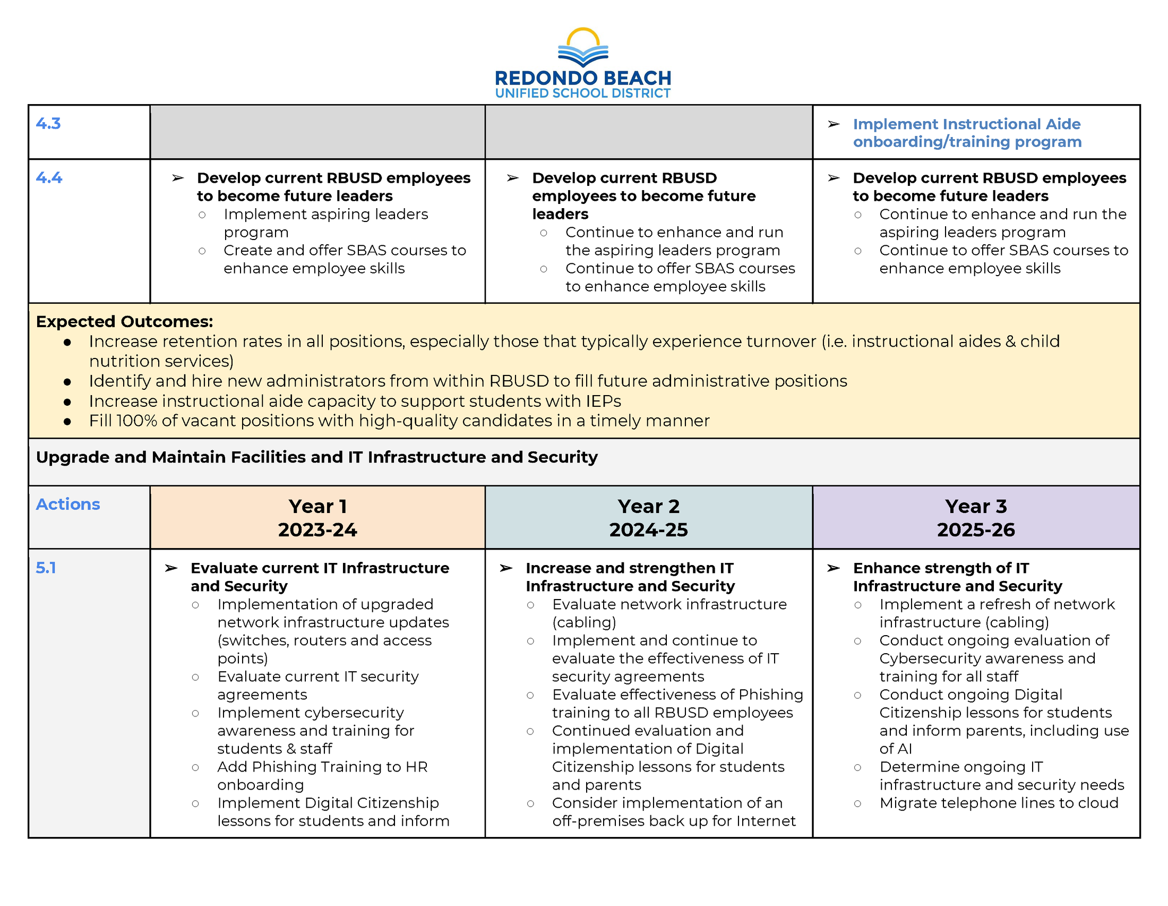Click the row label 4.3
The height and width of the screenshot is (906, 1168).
48,124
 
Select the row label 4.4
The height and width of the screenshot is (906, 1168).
49,177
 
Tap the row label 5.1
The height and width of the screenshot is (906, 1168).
46,568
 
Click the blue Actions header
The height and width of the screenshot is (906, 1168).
68,505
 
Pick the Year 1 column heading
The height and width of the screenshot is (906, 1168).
317,507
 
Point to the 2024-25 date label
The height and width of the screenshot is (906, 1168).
648,530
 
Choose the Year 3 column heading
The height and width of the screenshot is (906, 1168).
975,507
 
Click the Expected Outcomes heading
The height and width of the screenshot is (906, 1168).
124,321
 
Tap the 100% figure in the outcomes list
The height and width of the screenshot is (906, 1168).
137,421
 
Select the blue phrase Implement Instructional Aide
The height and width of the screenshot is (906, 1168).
966,124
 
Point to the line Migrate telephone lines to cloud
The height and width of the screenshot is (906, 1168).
999,803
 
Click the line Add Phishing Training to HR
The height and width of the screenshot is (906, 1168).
322,767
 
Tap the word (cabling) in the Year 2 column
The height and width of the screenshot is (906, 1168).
584,622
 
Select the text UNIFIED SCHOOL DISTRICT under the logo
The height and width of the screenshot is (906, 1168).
582,93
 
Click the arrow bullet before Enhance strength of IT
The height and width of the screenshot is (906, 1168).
833,568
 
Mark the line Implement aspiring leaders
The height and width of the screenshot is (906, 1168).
325,215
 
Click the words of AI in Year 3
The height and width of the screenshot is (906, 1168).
895,749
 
